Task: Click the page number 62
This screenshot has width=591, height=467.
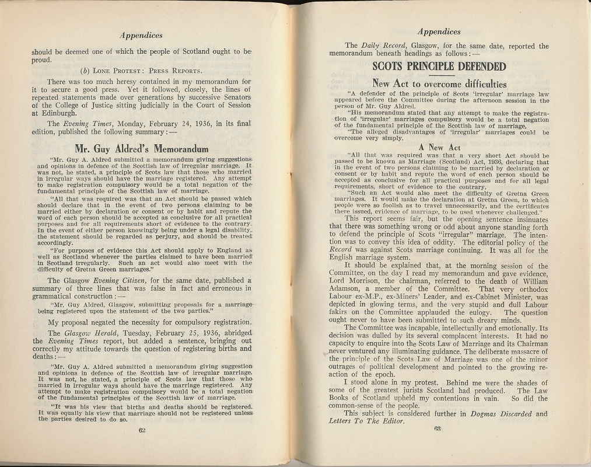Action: pos(141,430)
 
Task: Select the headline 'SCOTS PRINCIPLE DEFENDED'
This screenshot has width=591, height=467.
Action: pos(439,66)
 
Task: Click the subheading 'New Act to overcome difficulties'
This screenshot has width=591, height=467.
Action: pos(439,83)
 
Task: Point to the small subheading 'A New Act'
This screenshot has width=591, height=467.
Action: pos(439,148)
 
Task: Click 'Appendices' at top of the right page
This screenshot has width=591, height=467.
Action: pos(439,32)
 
